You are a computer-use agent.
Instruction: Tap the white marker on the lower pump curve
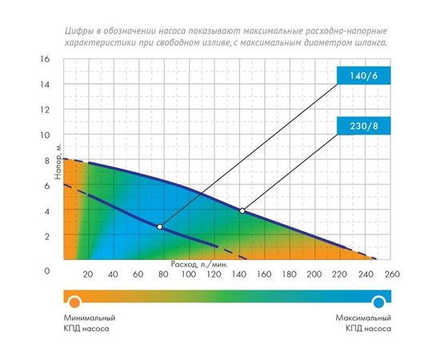coord(160,227)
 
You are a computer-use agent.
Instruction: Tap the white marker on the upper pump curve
coord(242,210)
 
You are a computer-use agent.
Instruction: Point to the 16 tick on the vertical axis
coord(46,59)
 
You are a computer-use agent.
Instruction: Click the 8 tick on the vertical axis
coord(46,160)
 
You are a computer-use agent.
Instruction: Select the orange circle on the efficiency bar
coord(74,301)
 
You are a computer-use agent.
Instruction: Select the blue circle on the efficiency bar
coord(379,301)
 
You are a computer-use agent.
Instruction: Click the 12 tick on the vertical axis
coord(46,110)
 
